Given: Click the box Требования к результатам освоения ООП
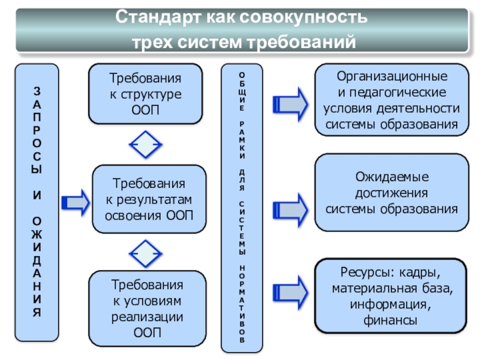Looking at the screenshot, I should tap(149, 199).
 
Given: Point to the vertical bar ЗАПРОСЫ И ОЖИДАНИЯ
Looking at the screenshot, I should tap(37, 202).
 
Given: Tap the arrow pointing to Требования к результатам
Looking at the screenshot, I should tap(75, 203).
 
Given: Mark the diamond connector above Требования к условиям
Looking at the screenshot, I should tap(146, 253).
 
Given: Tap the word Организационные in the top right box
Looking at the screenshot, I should tap(391, 78).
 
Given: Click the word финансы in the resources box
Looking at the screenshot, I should tap(390, 321).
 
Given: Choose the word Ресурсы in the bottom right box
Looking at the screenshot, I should tap(358, 274).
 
